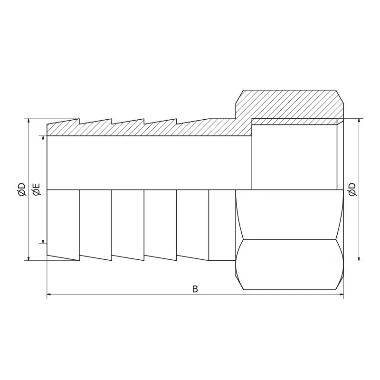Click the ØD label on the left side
21,190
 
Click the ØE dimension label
36,189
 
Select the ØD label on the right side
352,189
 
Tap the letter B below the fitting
195,289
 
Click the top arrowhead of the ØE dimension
44,139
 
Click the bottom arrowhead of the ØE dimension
44,240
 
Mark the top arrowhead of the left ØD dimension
28,121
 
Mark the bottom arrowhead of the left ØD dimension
28,257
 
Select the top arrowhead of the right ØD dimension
359,121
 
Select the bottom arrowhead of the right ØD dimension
359,257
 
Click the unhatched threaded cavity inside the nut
294,157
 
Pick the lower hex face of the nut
290,264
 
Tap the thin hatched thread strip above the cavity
294,122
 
